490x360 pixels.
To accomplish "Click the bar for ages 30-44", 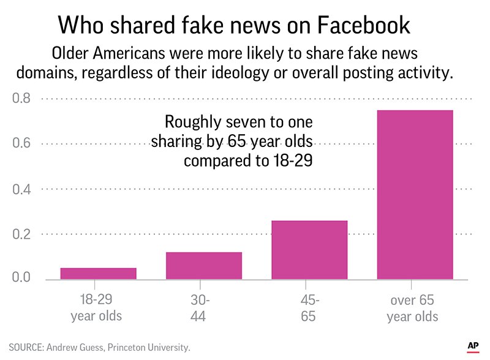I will (204, 266).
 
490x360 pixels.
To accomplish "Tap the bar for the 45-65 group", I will (309, 250).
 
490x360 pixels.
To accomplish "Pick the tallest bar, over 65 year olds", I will (415, 195).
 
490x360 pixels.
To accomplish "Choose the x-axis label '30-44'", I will (201, 308).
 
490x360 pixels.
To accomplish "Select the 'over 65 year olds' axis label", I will (415, 308).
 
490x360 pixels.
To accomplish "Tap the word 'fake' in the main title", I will (209, 26).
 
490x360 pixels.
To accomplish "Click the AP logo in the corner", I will (472, 346).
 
